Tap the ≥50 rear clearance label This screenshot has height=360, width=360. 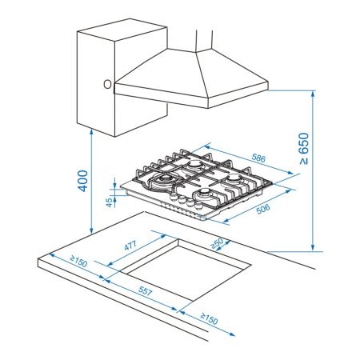(x=214, y=244)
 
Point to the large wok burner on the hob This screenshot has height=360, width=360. (x=166, y=181)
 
